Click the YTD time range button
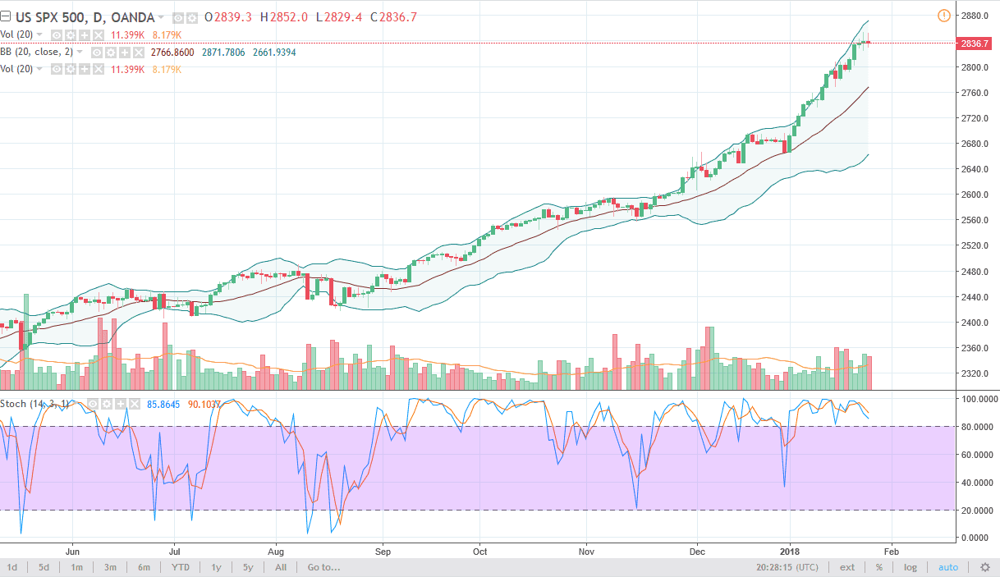181,567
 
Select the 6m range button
144,567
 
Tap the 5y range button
248,567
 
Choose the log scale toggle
911,567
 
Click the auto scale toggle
948,567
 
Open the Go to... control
323,567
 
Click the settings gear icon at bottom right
984,567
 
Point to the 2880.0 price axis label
975,16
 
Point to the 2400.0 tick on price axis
975,323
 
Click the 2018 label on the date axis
789,552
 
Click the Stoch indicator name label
12,404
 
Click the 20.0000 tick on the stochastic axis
975,510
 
